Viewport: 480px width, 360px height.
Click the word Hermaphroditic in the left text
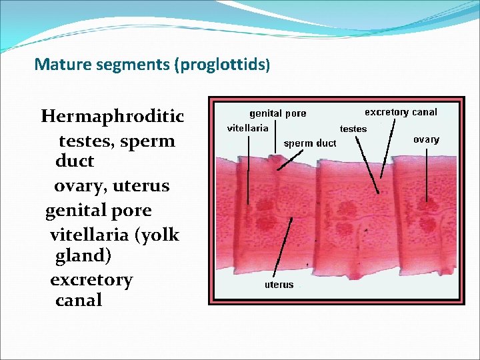tap(112, 117)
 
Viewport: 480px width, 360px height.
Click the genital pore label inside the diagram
tap(278, 113)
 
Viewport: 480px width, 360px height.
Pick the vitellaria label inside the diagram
tap(248, 127)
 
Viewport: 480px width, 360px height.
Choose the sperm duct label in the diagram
tap(310, 143)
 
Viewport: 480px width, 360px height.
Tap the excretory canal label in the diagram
tap(401, 112)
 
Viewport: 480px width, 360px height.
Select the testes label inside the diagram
tap(353, 129)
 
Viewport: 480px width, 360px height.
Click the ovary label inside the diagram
tap(426, 139)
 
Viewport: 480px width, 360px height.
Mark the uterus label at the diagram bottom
tap(279, 285)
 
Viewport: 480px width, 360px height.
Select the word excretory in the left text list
tap(91, 280)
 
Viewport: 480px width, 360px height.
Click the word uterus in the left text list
tap(141, 186)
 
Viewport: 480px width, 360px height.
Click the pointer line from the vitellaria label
tap(248, 167)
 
